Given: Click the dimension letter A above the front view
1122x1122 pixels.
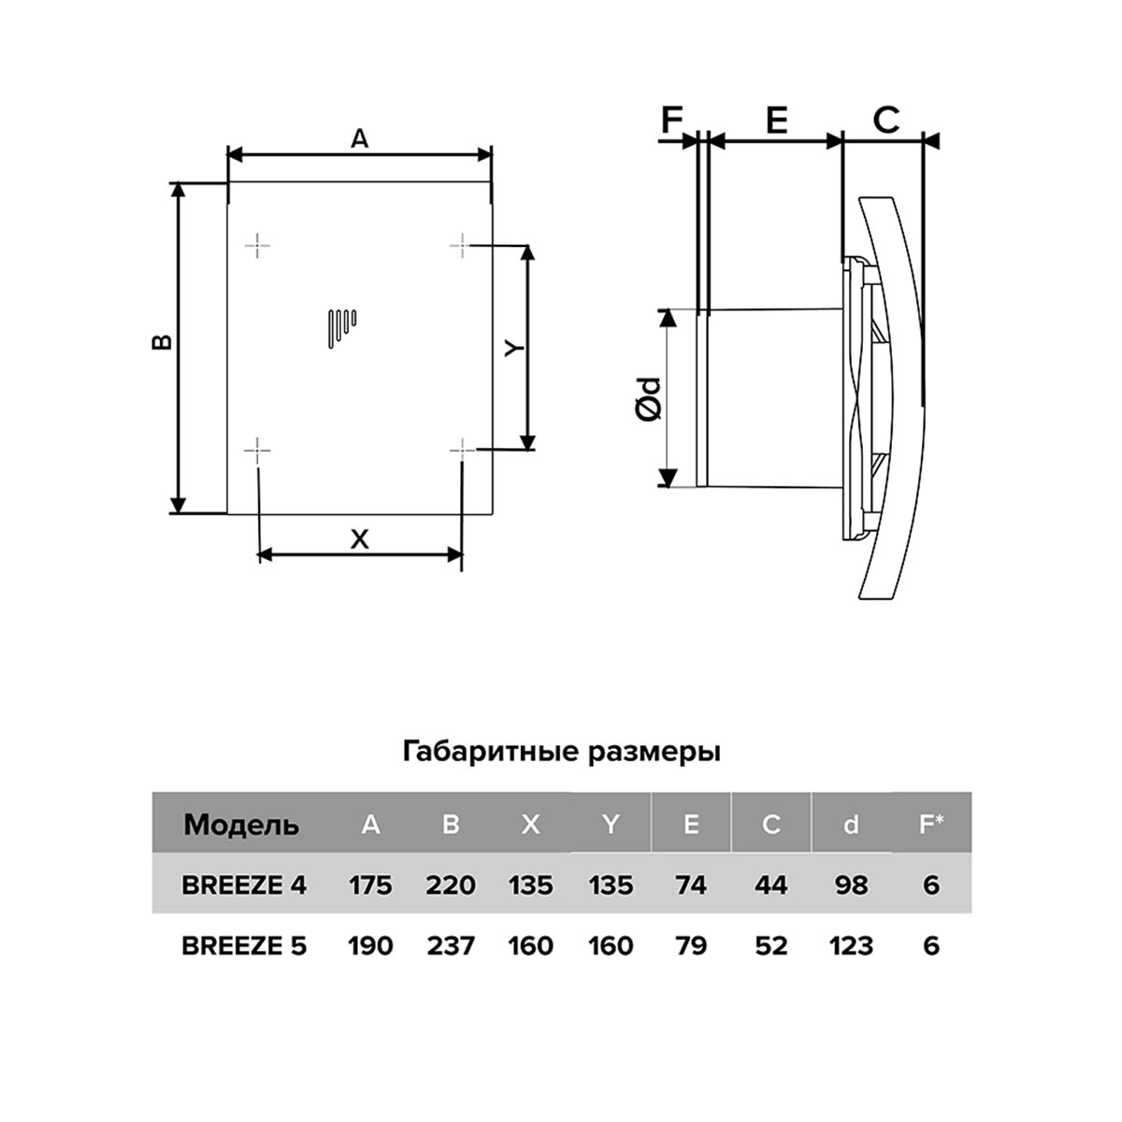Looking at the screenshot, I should tap(360, 138).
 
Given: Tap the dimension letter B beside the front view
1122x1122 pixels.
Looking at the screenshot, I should tap(162, 342).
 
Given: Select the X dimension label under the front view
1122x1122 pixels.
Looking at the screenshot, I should tap(360, 539).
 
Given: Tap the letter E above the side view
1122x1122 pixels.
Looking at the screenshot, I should tap(776, 121).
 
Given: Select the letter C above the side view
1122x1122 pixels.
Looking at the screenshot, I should tap(885, 121).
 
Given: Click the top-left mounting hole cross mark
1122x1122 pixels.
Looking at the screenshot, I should tap(257, 246).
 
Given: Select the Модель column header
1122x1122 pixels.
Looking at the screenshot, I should tap(241, 825).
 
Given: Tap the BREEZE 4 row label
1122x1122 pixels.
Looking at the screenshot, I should tap(244, 885).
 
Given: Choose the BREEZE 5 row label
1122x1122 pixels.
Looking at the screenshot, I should tap(244, 945).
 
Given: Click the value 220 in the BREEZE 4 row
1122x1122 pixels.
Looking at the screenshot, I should tap(451, 885).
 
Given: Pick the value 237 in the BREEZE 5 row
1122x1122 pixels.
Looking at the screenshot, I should tap(451, 945).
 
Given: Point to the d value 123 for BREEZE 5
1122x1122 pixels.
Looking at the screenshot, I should tap(851, 945).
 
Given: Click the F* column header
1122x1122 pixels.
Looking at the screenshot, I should tap(931, 824).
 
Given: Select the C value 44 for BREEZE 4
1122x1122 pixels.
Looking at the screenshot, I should tap(770, 885).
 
